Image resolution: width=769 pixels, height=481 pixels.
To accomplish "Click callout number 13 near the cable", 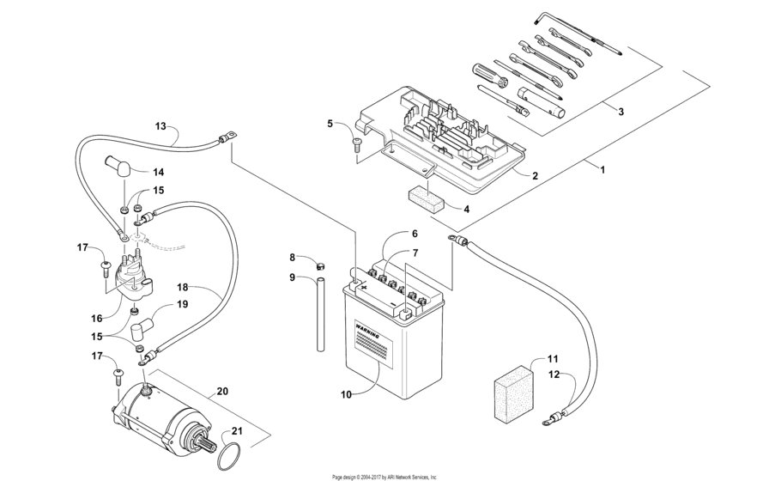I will coord(160,126).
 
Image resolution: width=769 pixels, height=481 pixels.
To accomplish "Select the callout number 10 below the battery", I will coord(347,394).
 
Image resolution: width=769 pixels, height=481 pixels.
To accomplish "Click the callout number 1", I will coord(602,170).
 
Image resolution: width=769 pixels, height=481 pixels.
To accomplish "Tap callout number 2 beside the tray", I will coord(534,176).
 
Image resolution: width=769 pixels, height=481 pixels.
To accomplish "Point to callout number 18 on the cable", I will coord(182,288).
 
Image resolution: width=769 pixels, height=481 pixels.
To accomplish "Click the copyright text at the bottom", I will coord(384,476).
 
